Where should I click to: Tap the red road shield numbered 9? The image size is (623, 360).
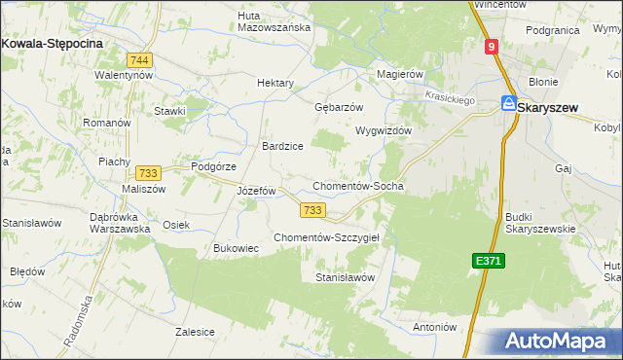click(493, 46)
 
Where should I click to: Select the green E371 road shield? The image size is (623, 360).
click(489, 261)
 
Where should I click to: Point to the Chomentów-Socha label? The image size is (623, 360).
click(357, 186)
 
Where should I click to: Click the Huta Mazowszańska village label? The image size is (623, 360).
click(275, 21)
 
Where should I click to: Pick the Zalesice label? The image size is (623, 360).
click(195, 332)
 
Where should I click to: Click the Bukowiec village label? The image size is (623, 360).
click(236, 249)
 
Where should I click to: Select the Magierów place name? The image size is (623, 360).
click(400, 74)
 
